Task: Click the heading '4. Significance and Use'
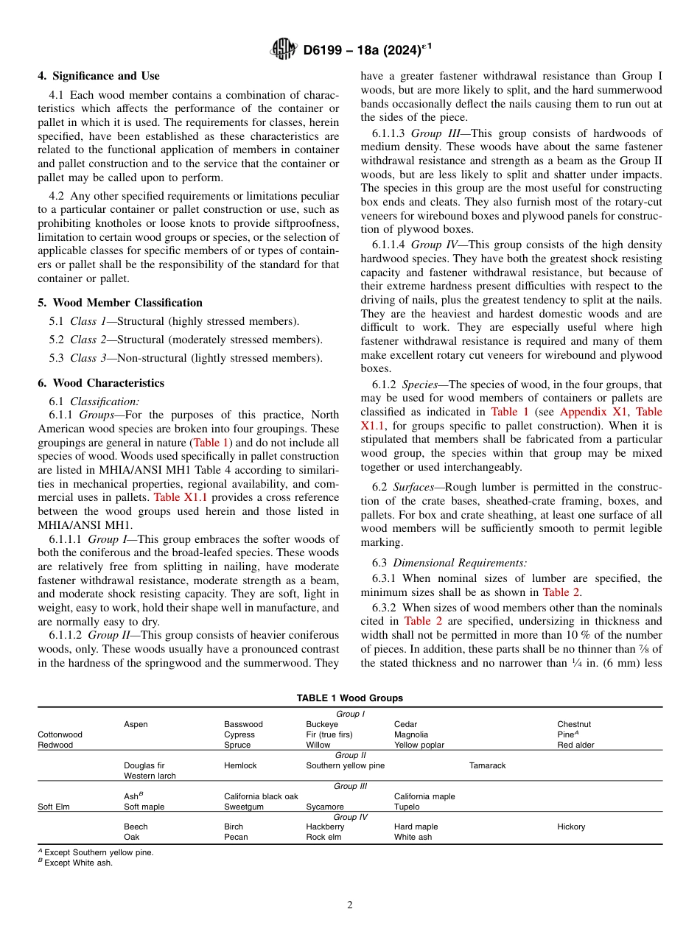pos(98,76)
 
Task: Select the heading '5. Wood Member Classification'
pos(119,303)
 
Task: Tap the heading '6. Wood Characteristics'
pos(101,383)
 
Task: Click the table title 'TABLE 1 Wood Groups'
pos(350,698)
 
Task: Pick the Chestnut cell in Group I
pos(574,725)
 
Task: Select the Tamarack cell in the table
pos(487,766)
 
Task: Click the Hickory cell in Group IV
pos(571,827)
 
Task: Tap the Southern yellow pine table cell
pos(345,766)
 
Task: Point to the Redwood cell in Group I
pos(55,745)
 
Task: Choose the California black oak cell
pos(261,797)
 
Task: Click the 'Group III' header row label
pos(350,787)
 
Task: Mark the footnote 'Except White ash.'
pos(78,863)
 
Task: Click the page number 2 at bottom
pos(350,905)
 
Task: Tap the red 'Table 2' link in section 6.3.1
pos(566,592)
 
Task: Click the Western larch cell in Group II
pos(150,776)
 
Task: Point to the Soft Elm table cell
pos(54,807)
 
